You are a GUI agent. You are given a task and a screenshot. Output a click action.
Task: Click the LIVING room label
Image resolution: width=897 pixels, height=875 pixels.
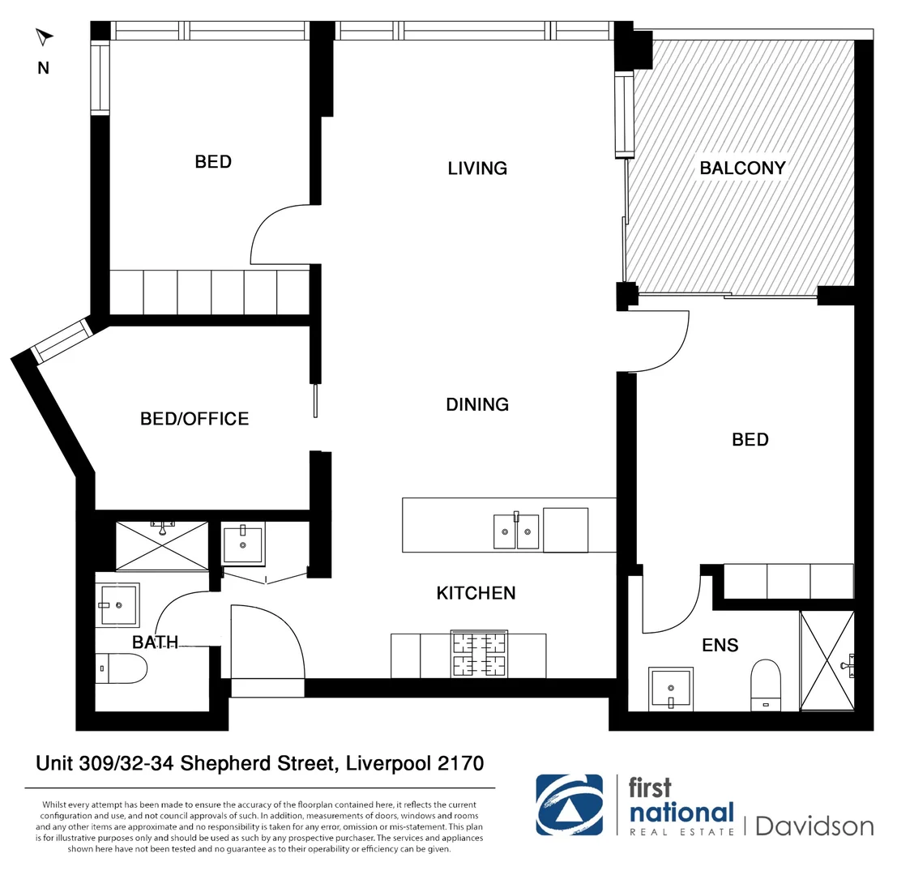click(x=477, y=169)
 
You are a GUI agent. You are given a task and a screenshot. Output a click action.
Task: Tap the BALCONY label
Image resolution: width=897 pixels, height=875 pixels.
click(x=742, y=169)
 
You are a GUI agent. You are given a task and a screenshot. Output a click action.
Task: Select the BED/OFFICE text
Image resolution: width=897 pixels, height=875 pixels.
click(x=194, y=419)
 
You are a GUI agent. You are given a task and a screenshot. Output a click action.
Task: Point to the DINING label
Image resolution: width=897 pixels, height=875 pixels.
click(x=477, y=404)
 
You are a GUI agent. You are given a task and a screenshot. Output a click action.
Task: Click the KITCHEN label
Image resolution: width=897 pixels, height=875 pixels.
click(x=476, y=593)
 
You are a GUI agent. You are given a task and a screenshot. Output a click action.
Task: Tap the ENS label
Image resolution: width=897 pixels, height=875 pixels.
click(x=720, y=645)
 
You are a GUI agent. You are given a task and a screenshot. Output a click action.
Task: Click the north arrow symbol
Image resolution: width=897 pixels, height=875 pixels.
click(x=45, y=37)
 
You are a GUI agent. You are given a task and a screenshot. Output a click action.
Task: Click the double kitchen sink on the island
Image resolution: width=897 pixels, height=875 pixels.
click(x=516, y=531)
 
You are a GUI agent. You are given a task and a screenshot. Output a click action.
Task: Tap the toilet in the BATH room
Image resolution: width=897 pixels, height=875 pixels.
click(x=122, y=669)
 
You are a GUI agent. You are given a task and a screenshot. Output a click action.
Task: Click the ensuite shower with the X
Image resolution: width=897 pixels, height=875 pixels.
click(x=826, y=660)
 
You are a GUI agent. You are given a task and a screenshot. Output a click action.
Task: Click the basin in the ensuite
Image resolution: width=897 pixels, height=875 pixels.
click(x=672, y=689)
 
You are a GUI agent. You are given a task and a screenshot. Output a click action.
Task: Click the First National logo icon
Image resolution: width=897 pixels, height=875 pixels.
click(x=569, y=805)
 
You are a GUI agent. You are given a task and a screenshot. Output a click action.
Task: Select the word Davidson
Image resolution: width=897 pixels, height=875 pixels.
click(x=814, y=826)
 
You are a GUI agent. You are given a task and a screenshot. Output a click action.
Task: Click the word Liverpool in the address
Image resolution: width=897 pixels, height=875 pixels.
click(x=383, y=763)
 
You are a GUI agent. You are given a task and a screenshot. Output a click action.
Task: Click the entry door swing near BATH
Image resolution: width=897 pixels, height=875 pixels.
click(x=267, y=640)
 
